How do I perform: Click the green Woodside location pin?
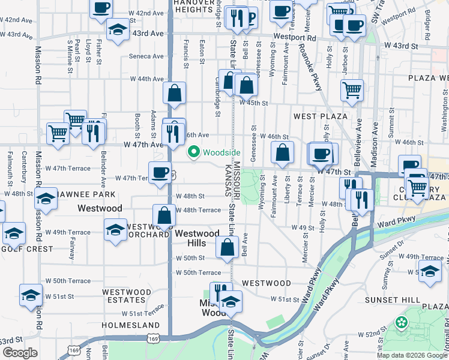193,152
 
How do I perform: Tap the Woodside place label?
221,152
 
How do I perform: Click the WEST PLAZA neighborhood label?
321,115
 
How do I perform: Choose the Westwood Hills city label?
196,239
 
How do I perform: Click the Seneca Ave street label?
146,56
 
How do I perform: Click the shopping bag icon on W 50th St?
227,247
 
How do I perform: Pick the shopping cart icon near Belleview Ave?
352,90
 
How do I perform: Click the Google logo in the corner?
20,352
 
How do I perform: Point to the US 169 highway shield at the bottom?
73,349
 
